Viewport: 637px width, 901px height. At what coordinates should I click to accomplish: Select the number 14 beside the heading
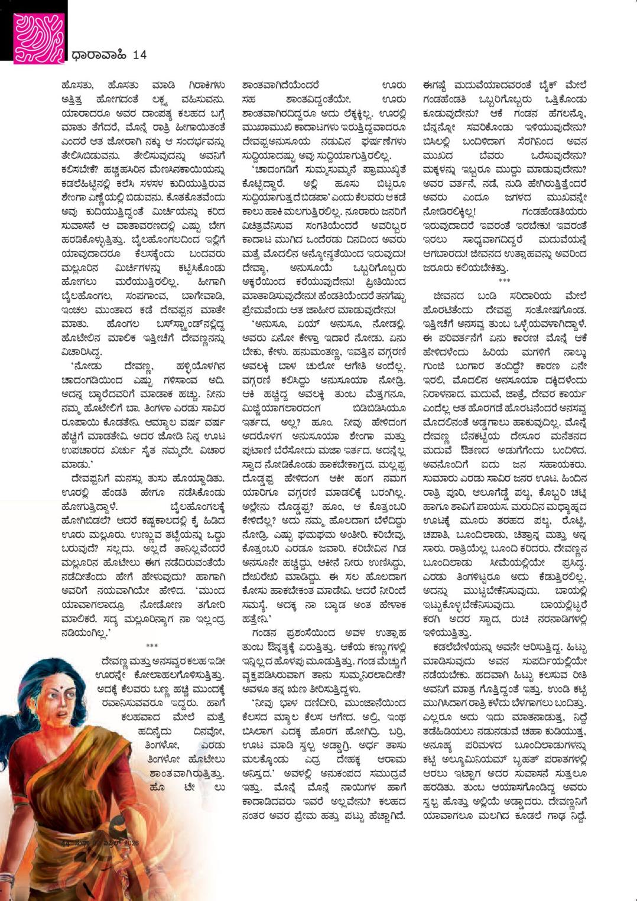click(139, 55)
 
